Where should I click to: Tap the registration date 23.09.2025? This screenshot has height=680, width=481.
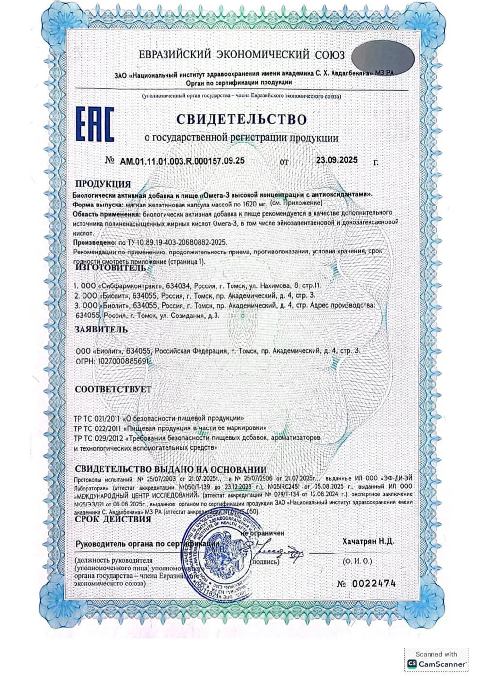click(336, 160)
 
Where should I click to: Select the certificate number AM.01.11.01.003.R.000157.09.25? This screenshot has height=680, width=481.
click(182, 161)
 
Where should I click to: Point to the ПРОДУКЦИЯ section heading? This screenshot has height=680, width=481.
click(102, 184)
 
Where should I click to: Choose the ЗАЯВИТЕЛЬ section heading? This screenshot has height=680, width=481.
click(101, 330)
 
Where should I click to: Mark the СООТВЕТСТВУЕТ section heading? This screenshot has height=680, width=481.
click(113, 389)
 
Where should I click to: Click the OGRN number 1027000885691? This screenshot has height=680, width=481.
click(123, 361)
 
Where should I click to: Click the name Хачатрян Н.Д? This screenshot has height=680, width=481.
click(367, 541)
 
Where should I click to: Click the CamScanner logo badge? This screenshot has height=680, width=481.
click(437, 660)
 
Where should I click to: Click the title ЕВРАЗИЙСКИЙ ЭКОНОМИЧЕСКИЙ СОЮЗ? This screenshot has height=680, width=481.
click(241, 54)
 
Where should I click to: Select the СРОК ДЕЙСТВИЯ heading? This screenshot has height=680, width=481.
click(113, 520)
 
